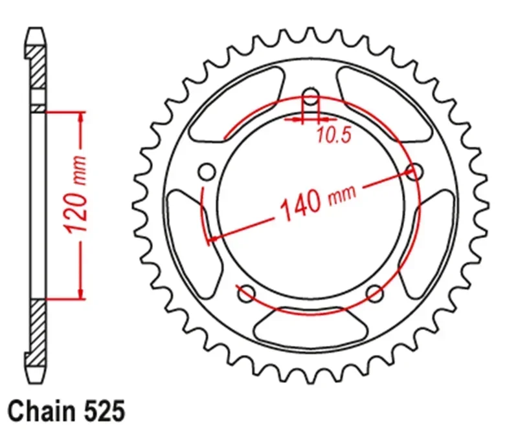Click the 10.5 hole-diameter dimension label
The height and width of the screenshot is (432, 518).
[x=333, y=135]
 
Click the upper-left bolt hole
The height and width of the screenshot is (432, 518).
[x=207, y=171]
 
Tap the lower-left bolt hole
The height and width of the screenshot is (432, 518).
[x=247, y=294]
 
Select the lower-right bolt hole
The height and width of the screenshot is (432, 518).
[x=376, y=294]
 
